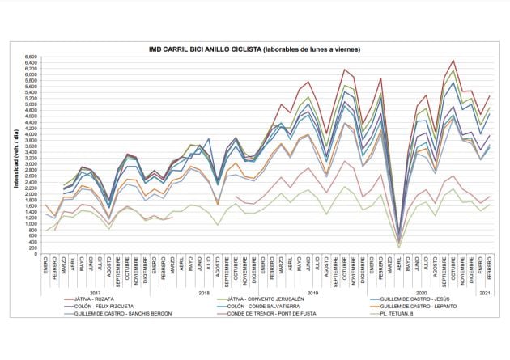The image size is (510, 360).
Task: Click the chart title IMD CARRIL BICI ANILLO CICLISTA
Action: pos(255,49)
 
